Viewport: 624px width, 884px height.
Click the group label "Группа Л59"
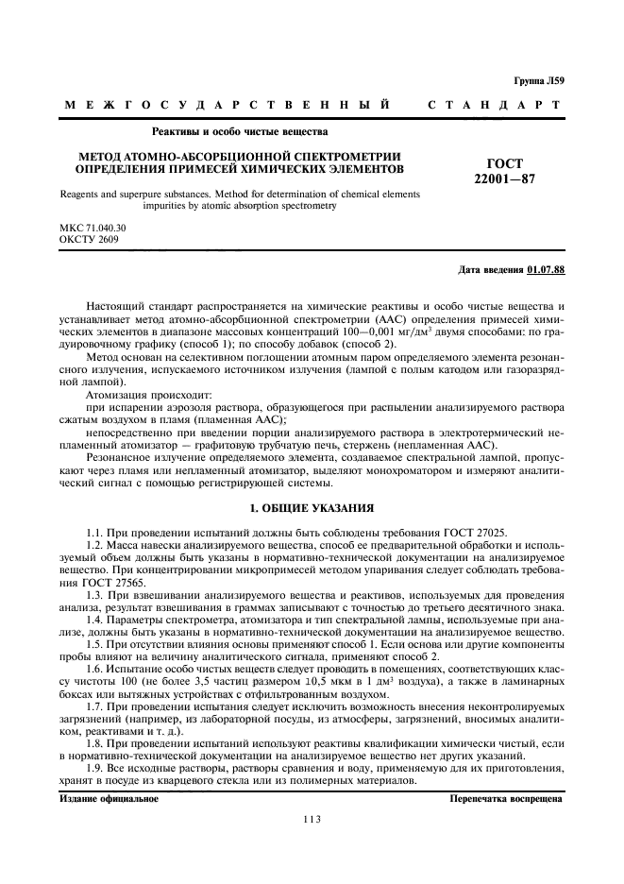[537, 83]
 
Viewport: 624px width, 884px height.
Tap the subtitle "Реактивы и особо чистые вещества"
[240, 131]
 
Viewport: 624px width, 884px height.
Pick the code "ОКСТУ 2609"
[86, 241]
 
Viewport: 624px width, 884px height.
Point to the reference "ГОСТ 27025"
[471, 533]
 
